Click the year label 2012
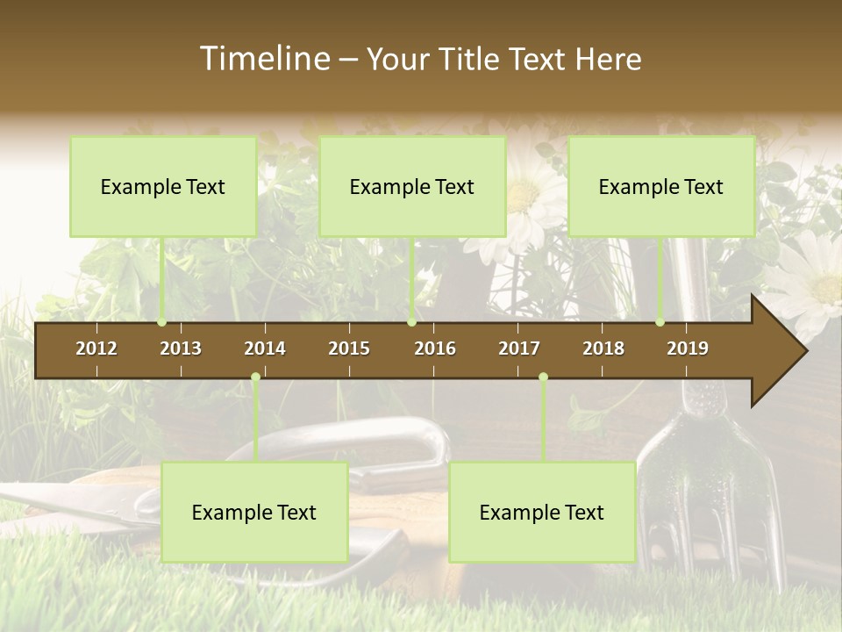tap(96, 348)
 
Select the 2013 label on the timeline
tap(181, 348)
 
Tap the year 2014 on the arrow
tap(265, 348)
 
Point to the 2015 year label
tap(349, 348)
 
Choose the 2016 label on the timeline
tap(435, 348)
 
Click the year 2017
tap(519, 348)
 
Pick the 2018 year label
tap(603, 348)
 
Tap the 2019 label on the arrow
tap(688, 348)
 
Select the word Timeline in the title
tap(265, 59)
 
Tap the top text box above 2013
tap(163, 186)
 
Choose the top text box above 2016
tap(412, 186)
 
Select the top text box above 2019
tap(661, 186)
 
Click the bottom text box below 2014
tap(254, 512)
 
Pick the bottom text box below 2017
tap(542, 512)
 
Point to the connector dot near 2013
tap(162, 322)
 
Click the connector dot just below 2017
tap(543, 377)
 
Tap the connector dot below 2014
tap(255, 377)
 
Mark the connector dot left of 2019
tap(660, 322)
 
